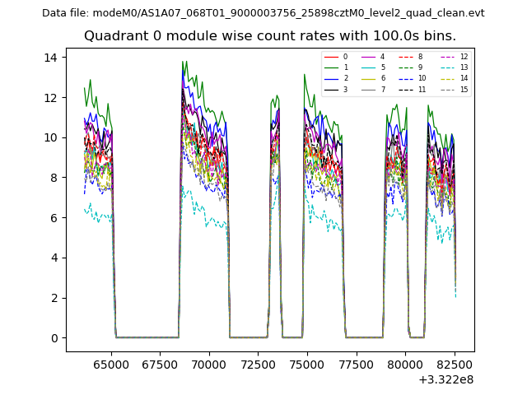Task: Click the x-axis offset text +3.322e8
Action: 445,379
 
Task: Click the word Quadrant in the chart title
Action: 112,36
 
